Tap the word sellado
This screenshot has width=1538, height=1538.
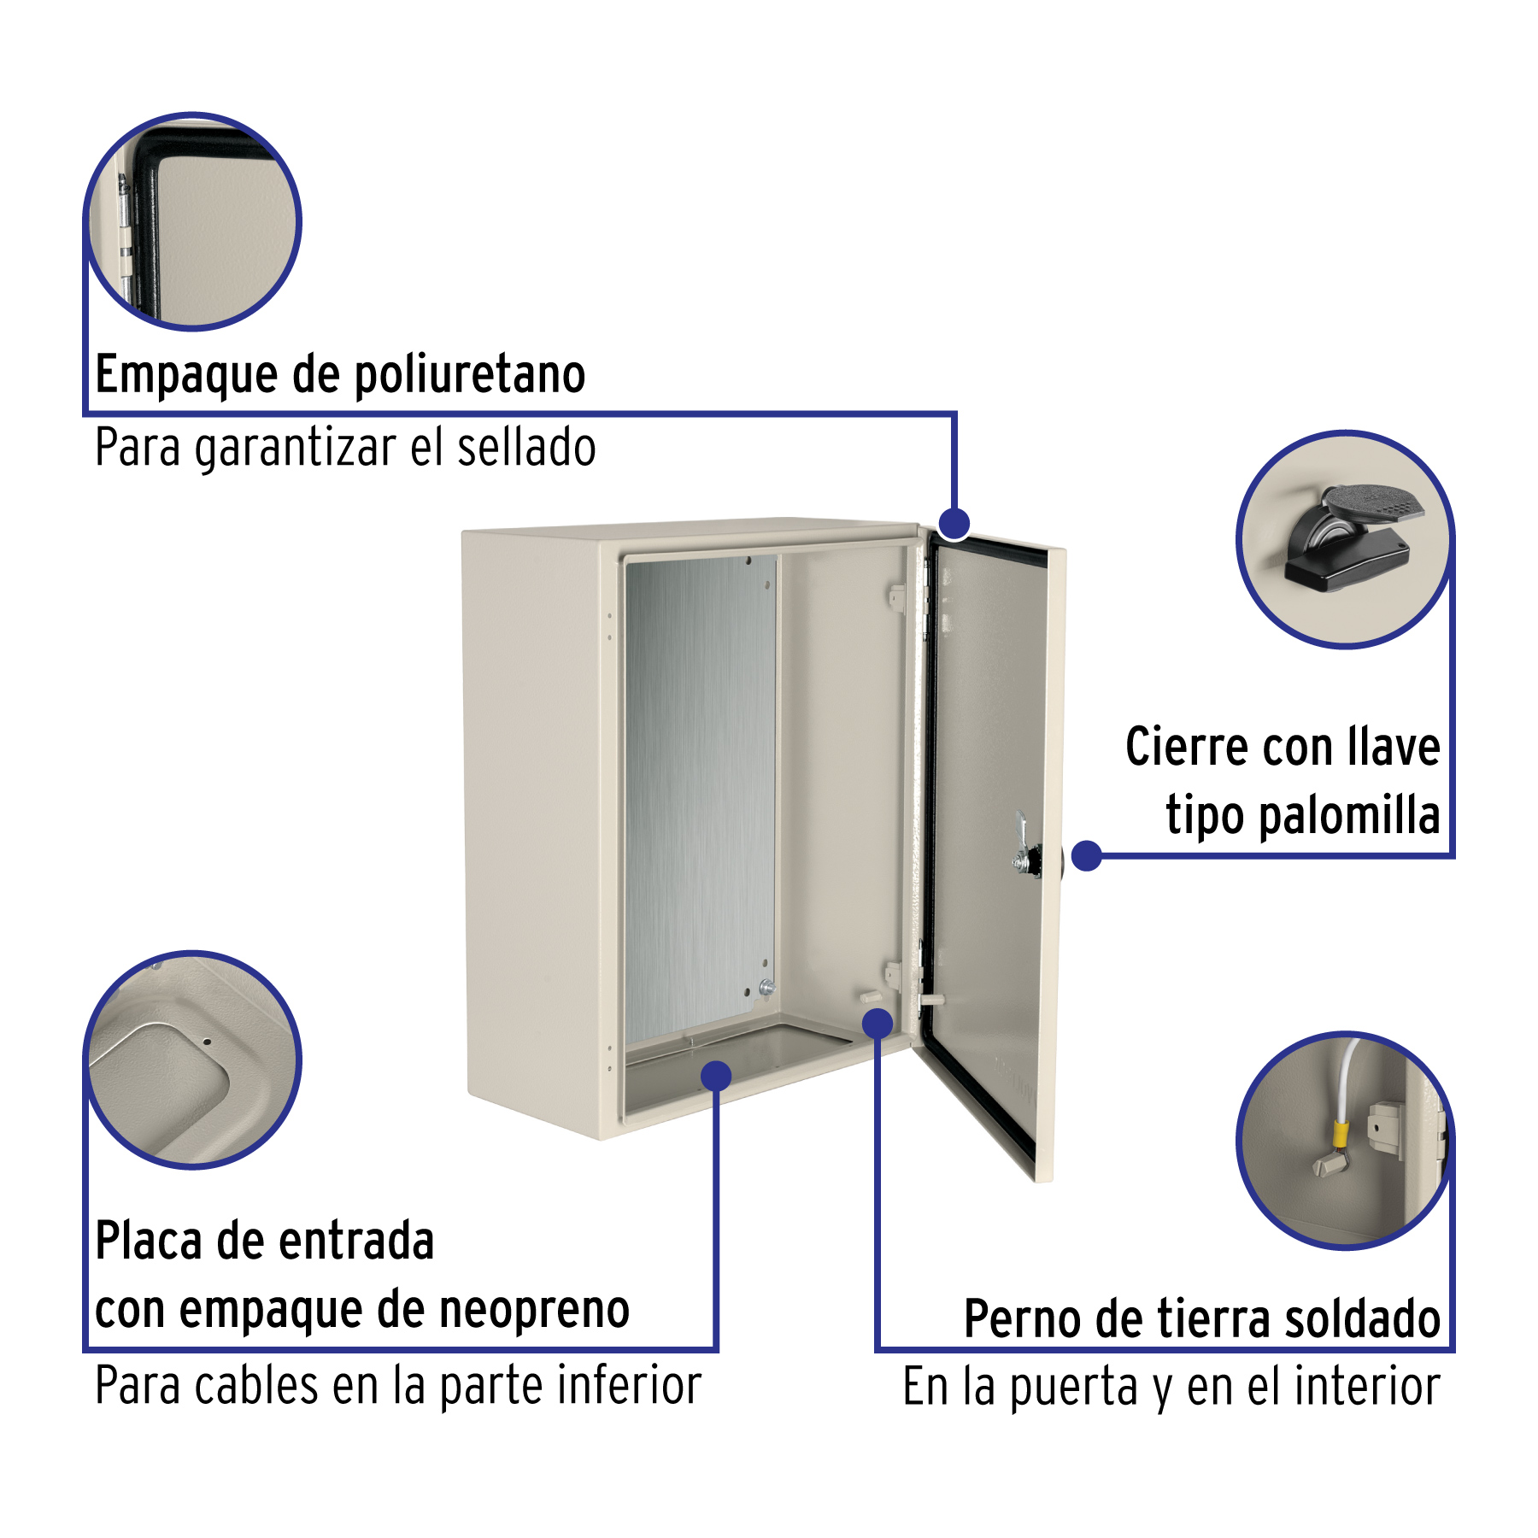526,448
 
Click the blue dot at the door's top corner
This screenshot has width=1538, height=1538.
954,523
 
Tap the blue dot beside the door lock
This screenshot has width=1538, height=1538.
1086,855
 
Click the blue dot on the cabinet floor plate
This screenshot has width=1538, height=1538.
716,1076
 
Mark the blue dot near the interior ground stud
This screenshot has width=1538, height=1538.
878,1023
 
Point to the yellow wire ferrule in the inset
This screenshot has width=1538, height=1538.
1341,1135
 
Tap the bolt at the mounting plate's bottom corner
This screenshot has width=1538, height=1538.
766,988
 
